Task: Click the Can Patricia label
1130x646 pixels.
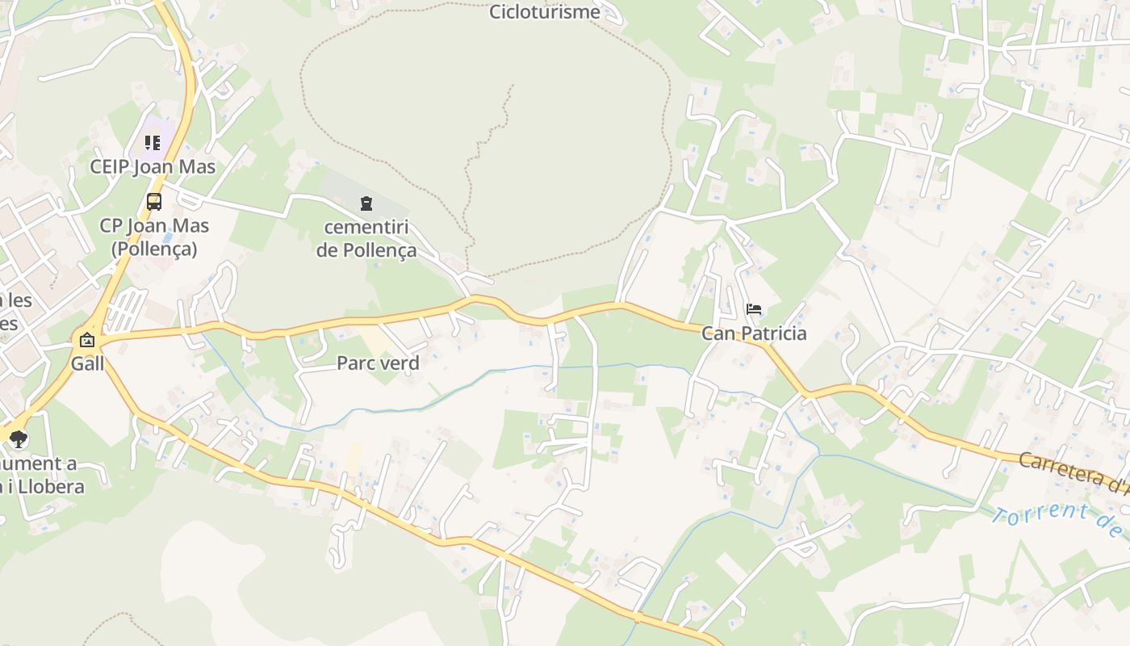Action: [x=754, y=333]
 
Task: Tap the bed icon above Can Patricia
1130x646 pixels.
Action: [x=754, y=309]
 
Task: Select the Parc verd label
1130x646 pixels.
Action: [x=378, y=363]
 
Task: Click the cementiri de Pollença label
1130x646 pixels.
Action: [x=366, y=238]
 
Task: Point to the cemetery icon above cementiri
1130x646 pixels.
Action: [x=366, y=203]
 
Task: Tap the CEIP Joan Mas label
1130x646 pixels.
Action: [x=153, y=167]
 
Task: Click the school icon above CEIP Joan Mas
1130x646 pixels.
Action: [x=153, y=143]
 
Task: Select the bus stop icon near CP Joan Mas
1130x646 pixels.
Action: [x=153, y=202]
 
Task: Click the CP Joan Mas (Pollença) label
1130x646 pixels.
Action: [x=154, y=237]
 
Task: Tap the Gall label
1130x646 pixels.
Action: [x=87, y=363]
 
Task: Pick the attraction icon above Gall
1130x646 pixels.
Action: [x=86, y=340]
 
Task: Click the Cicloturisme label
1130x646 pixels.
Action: [x=545, y=12]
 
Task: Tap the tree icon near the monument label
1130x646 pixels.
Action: [x=19, y=439]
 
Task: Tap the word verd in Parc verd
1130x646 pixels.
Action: [x=400, y=363]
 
